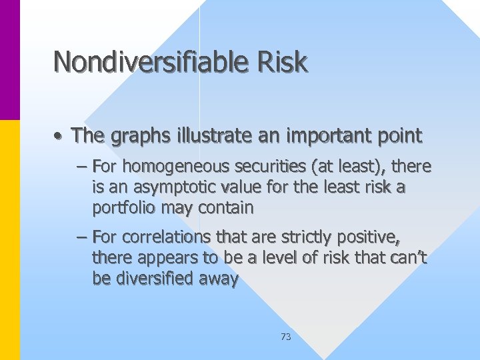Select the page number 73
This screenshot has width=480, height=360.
[x=286, y=337]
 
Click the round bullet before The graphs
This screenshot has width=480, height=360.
[x=59, y=137]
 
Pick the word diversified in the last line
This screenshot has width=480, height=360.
[x=155, y=279]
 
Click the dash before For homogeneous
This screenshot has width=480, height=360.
[x=83, y=166]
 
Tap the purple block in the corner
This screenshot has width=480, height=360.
[x=10, y=60]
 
